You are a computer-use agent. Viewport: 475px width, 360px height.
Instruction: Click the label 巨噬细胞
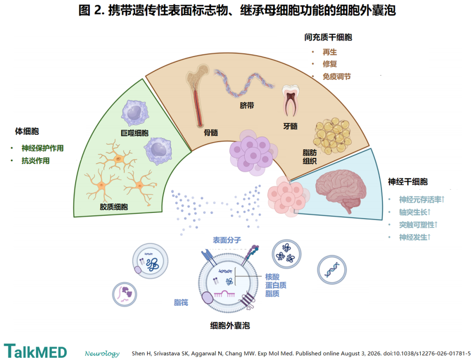click(135, 133)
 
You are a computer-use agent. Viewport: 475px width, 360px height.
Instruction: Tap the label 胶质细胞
click(114, 207)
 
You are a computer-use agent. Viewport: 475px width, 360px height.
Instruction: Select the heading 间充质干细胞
click(328, 37)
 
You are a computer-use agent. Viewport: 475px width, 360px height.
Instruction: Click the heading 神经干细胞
click(408, 181)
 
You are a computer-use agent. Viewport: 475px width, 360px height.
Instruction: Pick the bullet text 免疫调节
click(336, 77)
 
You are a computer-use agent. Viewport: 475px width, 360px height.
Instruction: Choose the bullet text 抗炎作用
click(36, 161)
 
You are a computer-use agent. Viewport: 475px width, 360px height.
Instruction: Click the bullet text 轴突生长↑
click(415, 212)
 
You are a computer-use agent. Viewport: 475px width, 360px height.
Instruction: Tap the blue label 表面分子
click(227, 240)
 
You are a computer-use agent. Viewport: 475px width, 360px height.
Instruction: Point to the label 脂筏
click(181, 302)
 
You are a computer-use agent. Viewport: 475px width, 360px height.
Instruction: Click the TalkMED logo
click(35, 352)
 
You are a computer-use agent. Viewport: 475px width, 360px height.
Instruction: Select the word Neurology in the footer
click(102, 353)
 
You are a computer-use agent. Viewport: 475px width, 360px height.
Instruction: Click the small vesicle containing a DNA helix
click(332, 270)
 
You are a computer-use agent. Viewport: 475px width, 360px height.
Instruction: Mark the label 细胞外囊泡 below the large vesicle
click(230, 326)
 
